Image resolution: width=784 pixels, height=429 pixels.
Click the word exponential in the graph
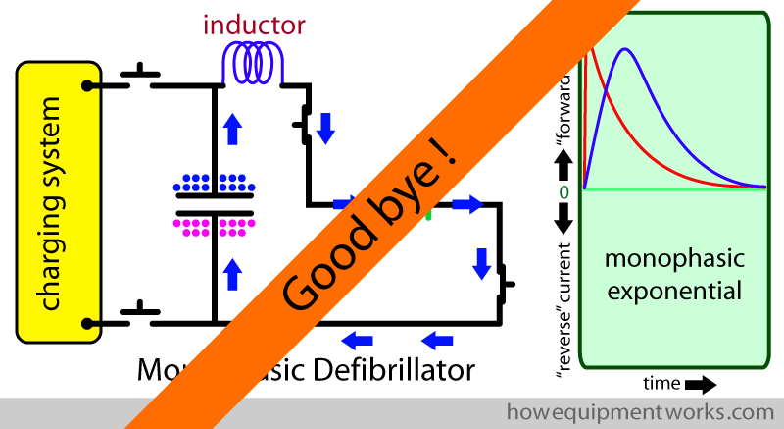(673, 291)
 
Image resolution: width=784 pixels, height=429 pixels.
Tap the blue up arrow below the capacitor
(231, 272)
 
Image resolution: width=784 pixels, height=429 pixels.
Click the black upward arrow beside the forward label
(563, 157)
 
